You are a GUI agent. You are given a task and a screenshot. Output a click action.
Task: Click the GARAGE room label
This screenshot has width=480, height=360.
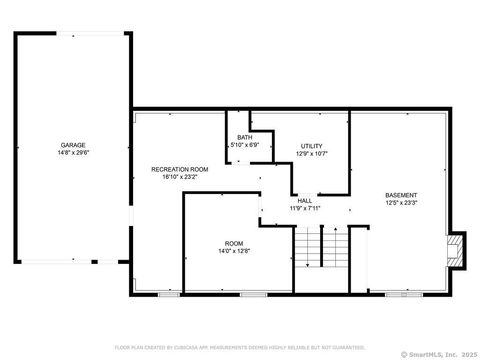pos(72,146)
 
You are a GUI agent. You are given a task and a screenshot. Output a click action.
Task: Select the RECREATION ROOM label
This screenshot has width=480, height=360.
pos(179,170)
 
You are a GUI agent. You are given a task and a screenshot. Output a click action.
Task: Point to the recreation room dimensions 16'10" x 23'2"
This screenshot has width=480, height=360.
pos(179,179)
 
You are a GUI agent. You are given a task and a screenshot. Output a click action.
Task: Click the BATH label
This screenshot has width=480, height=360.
pos(244,138)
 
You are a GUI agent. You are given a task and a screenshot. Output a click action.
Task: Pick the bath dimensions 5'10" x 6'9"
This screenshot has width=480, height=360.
pos(245,146)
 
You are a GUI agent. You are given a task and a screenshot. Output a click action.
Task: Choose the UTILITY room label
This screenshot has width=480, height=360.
pos(312,146)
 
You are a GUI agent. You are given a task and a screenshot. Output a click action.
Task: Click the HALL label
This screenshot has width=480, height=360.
pos(304,201)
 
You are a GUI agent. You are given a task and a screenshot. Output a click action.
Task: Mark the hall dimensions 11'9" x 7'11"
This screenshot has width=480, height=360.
pos(304,209)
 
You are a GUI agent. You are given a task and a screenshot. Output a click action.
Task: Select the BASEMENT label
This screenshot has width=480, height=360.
pos(401,194)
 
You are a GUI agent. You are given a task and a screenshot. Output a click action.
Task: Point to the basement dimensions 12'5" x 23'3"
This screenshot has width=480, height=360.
pos(401,203)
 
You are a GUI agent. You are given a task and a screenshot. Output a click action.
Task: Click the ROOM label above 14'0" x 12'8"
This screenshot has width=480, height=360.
pos(234,243)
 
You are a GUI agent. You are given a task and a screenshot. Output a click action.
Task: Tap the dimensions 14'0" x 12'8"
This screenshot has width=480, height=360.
pos(234,252)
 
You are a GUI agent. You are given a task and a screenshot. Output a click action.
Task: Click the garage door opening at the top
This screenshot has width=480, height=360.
pos(72,33)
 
